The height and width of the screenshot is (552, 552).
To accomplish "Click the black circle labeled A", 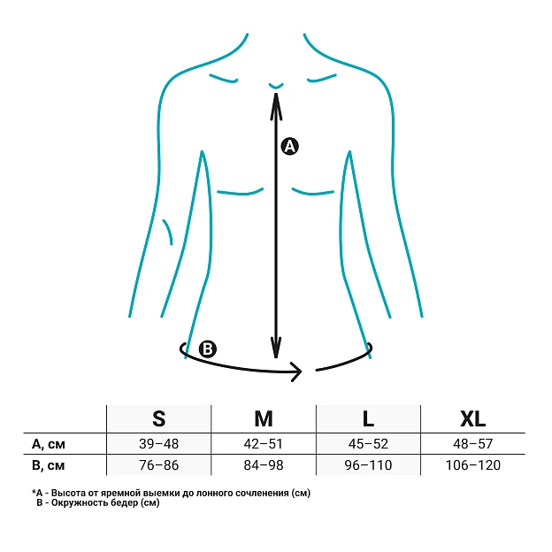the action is pos(290,146).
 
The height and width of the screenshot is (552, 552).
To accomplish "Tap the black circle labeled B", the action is pos(208,349).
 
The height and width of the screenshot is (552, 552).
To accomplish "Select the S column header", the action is pos(158,418).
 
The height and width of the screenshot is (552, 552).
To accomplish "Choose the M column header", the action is pos(264,418).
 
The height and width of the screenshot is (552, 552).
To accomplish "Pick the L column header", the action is pos(368,418).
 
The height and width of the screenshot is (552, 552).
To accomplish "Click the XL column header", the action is pos(472,418).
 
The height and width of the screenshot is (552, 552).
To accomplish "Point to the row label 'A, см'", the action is pos(49,444).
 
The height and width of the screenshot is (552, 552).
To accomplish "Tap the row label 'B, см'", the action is pos(49,465).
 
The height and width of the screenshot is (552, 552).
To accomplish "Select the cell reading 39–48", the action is pos(158,444).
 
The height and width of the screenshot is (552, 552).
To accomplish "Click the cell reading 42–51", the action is pos(264,444).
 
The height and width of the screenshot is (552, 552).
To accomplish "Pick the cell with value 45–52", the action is pos(368,444).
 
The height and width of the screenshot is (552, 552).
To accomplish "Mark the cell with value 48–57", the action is pos(472,444).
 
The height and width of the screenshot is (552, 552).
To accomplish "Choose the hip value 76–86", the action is pos(158,465).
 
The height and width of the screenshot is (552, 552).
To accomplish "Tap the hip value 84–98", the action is pos(264,465).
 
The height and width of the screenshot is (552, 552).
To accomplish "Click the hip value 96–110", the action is pos(368,465).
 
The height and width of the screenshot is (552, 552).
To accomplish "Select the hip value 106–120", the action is pos(472,465).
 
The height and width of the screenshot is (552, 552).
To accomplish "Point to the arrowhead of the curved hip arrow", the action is pos(296,372).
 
